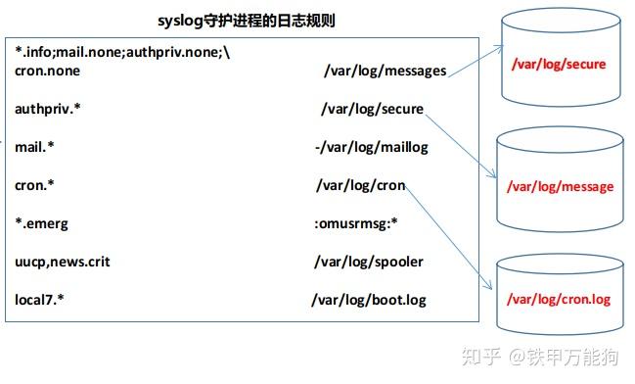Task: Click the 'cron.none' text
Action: pyautogui.click(x=48, y=71)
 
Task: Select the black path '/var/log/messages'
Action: pyautogui.click(x=386, y=71)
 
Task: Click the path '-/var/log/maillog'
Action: pyautogui.click(x=371, y=147)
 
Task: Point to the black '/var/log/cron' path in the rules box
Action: pyautogui.click(x=361, y=185)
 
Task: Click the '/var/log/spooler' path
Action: pyautogui.click(x=369, y=262)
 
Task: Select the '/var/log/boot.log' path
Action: pyautogui.click(x=369, y=300)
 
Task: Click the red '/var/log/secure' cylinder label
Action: pyautogui.click(x=560, y=65)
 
